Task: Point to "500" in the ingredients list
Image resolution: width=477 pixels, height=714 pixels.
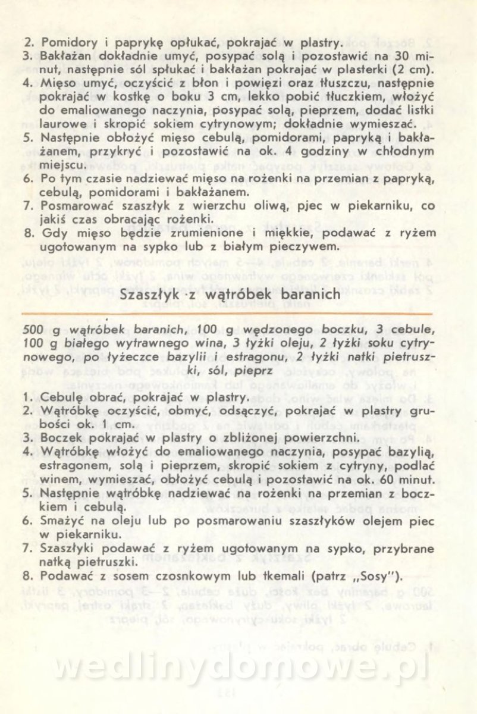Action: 31,331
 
